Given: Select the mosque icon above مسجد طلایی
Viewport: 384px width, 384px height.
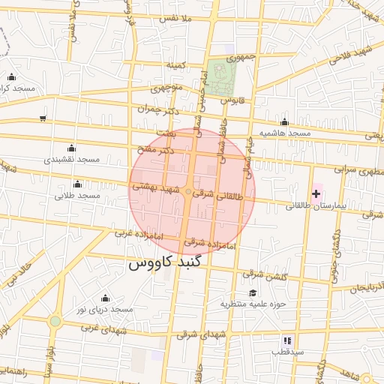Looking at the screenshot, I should point(77,184).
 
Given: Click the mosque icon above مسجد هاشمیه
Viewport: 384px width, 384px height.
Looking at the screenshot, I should point(284,122).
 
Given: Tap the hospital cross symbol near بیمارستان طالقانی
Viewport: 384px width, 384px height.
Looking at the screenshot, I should point(316,193).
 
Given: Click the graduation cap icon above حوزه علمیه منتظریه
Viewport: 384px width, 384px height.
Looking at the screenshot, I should point(253,292).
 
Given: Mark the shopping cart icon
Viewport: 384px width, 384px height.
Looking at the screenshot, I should point(43,118).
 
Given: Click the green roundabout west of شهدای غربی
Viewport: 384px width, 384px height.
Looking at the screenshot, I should point(55,322).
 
